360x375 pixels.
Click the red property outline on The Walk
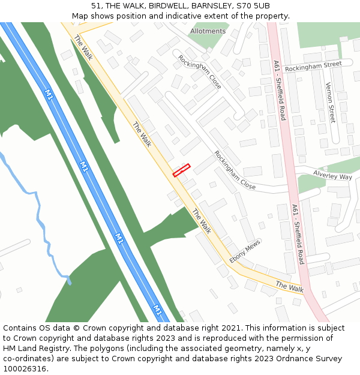181,170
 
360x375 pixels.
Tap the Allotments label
208,31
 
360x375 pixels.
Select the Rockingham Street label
313,67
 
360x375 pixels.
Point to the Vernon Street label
329,103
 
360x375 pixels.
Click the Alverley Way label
332,175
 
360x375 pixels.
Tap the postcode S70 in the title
244,6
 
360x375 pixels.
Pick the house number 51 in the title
97,6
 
